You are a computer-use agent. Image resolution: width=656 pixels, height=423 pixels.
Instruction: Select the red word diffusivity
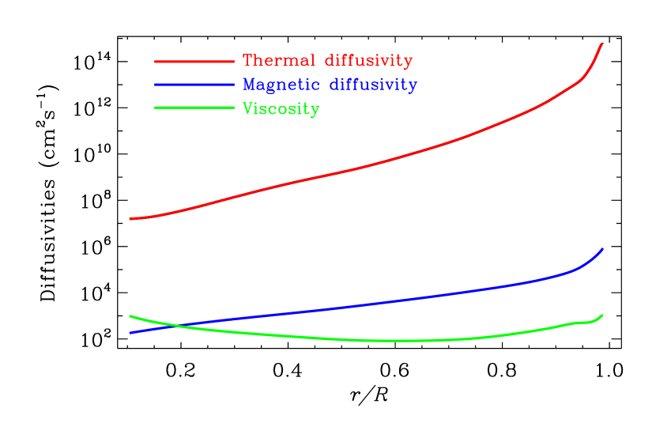(x=368, y=61)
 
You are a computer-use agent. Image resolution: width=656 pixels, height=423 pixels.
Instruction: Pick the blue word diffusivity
(x=373, y=85)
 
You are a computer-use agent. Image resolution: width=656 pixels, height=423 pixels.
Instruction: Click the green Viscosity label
(x=281, y=109)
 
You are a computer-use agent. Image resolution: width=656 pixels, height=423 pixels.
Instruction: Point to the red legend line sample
(x=194, y=61)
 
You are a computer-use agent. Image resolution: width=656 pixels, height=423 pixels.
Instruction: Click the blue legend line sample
(x=194, y=85)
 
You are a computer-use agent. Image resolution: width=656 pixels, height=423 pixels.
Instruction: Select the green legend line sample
(x=194, y=108)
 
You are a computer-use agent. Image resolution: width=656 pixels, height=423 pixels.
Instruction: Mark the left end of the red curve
(x=130, y=219)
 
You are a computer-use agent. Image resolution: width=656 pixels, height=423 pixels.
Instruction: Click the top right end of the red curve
(x=602, y=43)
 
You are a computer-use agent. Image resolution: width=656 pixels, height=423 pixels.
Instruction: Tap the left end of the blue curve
(x=130, y=333)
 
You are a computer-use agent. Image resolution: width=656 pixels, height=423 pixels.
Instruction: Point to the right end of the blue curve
(x=602, y=249)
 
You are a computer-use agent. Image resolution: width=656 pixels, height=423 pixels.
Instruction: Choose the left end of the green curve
(x=130, y=316)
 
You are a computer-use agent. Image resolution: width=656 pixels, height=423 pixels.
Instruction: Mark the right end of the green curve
(x=602, y=315)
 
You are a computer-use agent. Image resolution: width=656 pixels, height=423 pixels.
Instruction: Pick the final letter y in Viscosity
(x=315, y=111)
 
